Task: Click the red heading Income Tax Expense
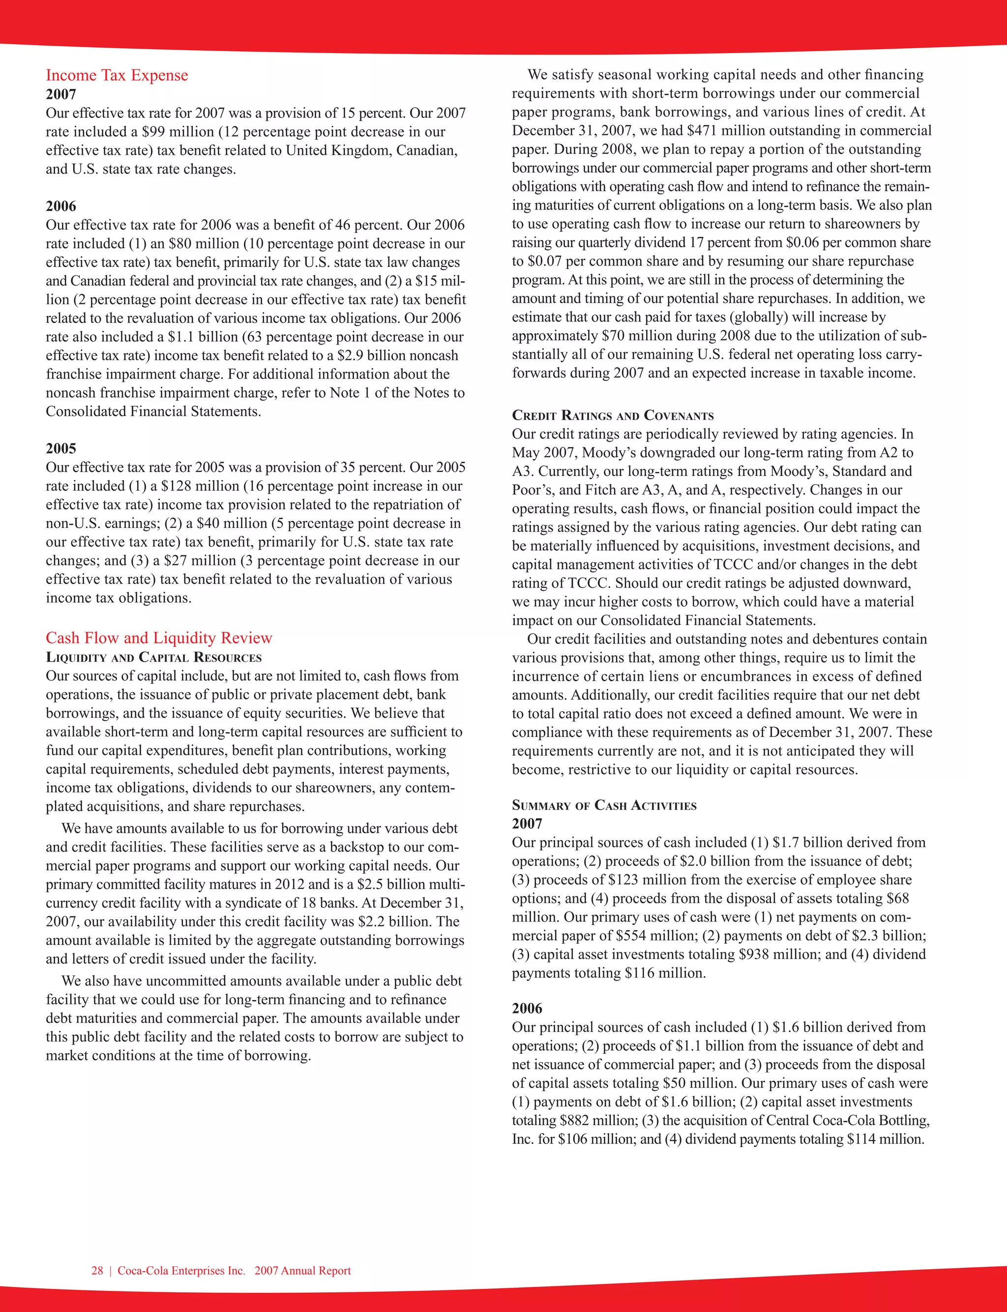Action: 117,76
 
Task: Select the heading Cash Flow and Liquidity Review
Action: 159,638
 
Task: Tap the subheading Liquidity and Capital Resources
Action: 153,657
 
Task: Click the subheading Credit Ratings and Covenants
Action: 613,416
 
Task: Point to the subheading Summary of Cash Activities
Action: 604,805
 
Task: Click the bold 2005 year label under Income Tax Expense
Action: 60,449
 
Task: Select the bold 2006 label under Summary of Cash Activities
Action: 527,1008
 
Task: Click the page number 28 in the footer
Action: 97,1271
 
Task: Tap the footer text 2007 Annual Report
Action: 303,1271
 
